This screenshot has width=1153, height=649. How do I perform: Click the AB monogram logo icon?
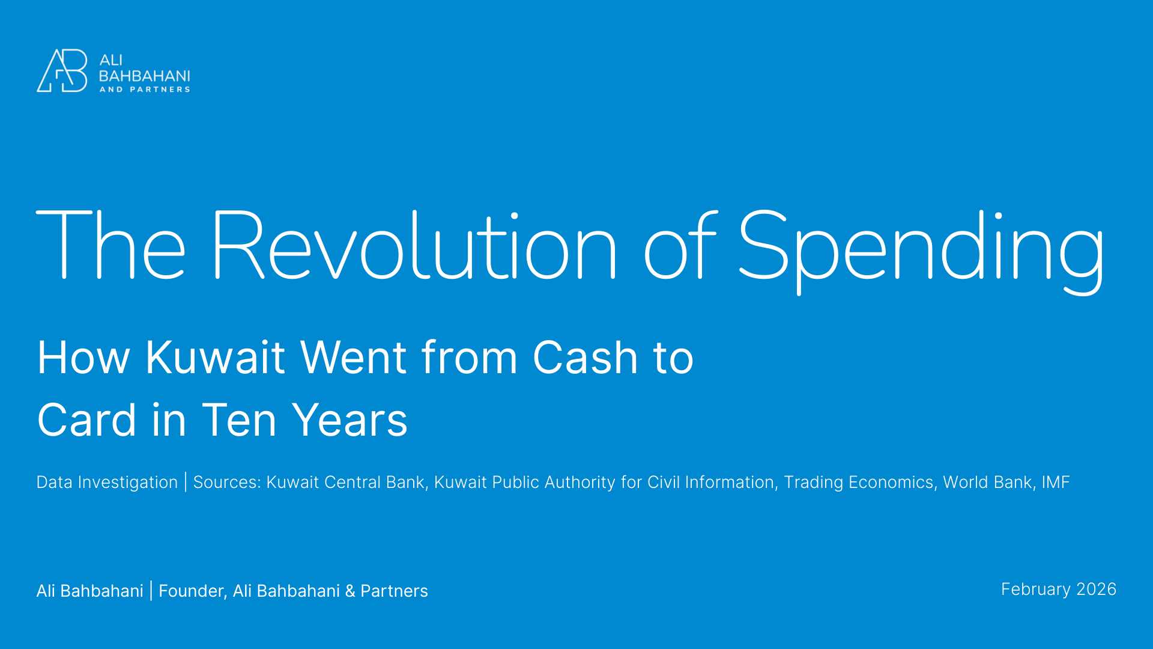(62, 71)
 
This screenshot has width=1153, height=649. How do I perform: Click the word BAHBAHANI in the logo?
(144, 76)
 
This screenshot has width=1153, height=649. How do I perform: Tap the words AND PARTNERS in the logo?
(144, 90)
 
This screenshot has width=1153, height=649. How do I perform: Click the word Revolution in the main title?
(413, 246)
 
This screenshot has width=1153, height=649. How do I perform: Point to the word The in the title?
(111, 246)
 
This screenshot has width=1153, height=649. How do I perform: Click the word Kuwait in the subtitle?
(214, 358)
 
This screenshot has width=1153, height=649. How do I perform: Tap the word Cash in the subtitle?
(584, 358)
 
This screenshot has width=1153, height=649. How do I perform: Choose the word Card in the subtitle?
(86, 420)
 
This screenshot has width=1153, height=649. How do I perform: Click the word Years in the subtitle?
(350, 420)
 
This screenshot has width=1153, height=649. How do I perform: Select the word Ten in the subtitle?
(239, 420)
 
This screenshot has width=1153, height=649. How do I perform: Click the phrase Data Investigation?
(107, 483)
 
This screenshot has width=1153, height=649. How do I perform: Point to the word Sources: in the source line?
(227, 483)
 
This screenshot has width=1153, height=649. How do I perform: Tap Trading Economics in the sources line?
(859, 483)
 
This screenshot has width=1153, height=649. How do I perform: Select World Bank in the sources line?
(987, 483)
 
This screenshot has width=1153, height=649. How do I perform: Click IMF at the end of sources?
(1056, 483)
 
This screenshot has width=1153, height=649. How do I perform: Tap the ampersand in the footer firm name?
(350, 591)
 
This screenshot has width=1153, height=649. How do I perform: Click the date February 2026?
(1058, 590)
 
